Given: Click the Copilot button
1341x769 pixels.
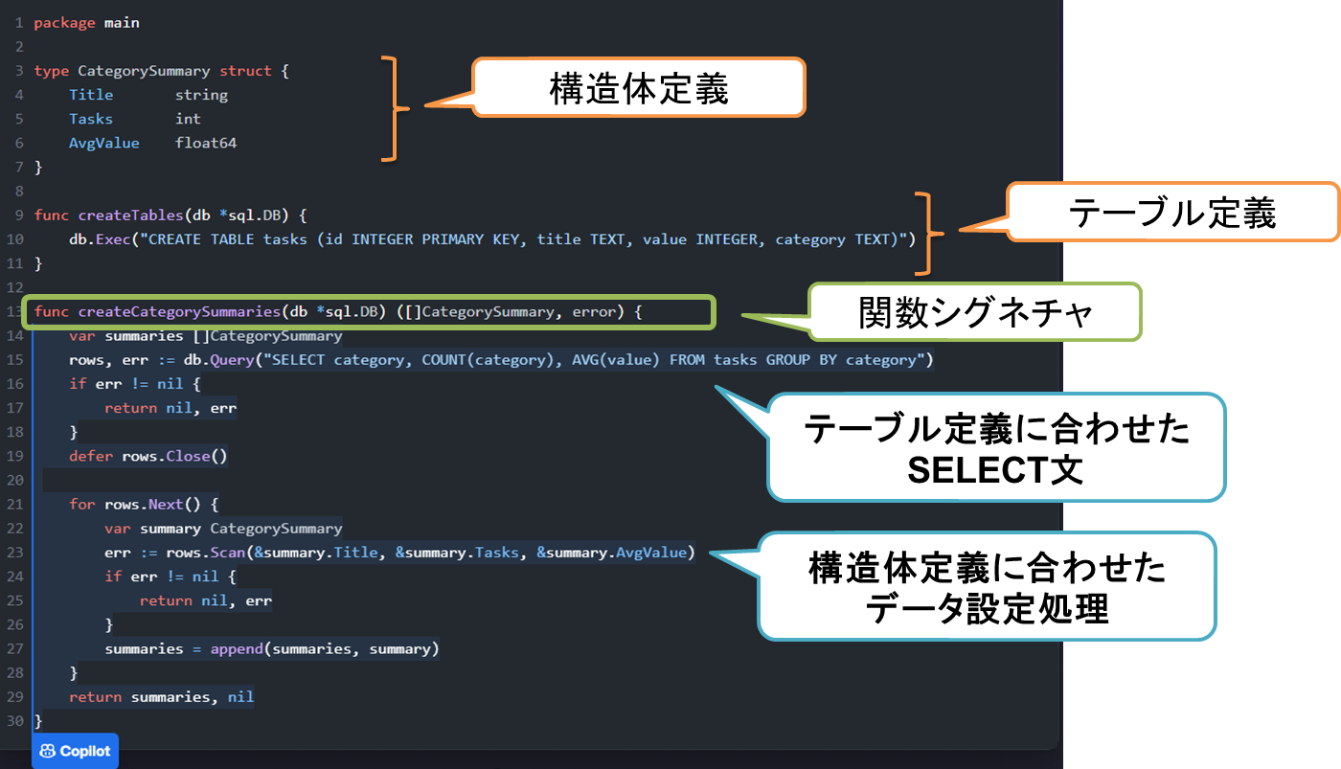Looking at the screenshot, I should tap(75, 751).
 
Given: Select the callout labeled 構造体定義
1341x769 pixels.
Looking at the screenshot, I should tap(639, 88).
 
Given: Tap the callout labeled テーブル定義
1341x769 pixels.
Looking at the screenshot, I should tap(1171, 213).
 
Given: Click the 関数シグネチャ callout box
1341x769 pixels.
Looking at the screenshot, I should tap(975, 312).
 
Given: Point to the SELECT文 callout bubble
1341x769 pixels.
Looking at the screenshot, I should tap(996, 448).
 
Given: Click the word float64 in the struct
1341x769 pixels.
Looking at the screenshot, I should tap(206, 143).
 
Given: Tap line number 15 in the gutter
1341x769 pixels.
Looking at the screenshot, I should tap(14, 360).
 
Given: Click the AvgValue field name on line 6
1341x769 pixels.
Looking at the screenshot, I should tap(103, 143).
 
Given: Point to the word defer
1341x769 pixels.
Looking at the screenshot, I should tap(91, 456).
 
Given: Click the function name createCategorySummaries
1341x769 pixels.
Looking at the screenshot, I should tap(178, 312).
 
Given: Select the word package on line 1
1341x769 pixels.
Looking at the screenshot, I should tap(64, 22).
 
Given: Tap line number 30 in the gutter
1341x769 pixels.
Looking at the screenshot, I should tap(14, 720).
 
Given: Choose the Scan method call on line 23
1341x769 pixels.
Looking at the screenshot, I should tap(227, 553).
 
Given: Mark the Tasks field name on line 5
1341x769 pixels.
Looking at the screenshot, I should tap(91, 119).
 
